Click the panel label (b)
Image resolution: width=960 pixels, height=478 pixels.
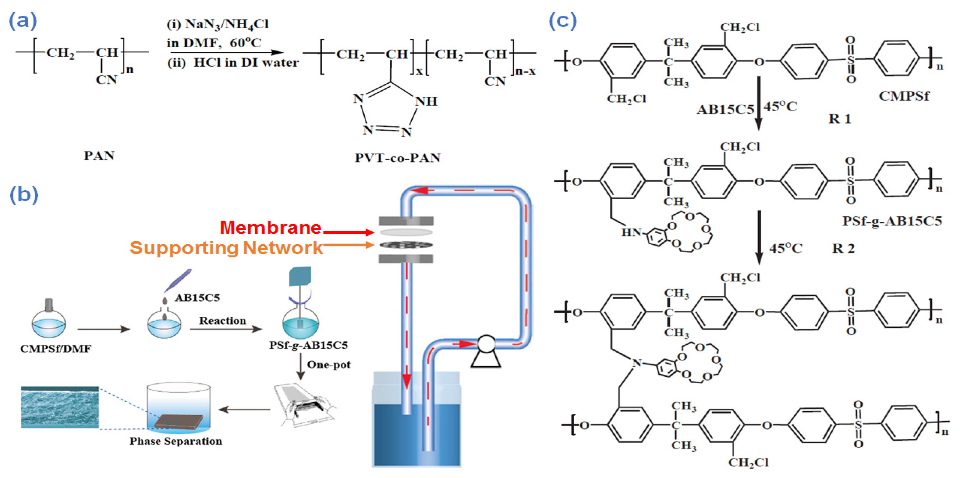click(x=23, y=194)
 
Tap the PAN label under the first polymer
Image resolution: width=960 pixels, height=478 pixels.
click(x=99, y=155)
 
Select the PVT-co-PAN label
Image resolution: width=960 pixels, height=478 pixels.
click(x=397, y=158)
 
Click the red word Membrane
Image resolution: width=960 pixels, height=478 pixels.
click(x=271, y=228)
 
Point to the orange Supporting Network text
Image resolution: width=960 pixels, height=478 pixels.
click(x=226, y=248)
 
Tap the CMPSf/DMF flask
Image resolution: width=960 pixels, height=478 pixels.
click(x=49, y=323)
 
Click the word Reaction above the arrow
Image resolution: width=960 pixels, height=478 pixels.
click(x=222, y=320)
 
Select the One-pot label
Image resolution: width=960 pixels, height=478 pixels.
click(x=328, y=365)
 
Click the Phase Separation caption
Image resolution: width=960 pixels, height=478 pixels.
click(x=175, y=441)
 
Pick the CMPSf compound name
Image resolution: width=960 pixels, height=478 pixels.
click(x=904, y=96)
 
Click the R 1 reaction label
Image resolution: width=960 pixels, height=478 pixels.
click(x=840, y=119)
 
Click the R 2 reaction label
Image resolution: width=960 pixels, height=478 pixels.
click(x=843, y=248)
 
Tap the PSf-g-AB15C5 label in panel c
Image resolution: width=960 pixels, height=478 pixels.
click(x=892, y=221)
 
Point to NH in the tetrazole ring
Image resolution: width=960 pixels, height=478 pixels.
click(x=426, y=101)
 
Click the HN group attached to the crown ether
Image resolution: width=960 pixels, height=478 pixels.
click(x=631, y=233)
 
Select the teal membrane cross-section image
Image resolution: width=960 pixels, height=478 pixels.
click(x=60, y=407)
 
